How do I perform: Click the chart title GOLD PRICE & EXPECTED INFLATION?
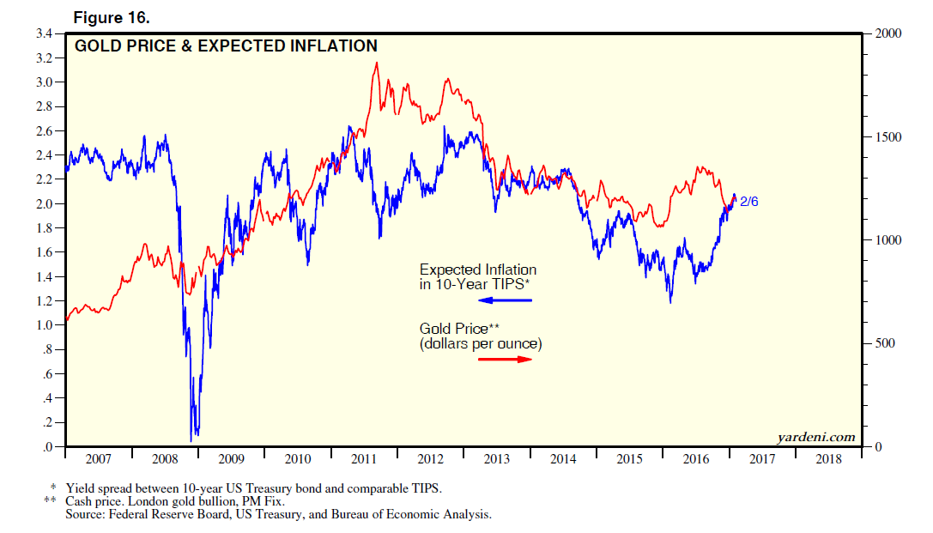coord(226,46)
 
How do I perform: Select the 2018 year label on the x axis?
coord(828,459)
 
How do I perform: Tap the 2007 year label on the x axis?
coord(98,459)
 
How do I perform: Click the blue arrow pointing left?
coord(506,300)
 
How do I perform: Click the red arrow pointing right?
coord(506,358)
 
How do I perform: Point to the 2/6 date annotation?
coord(749,202)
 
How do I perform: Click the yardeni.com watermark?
coord(816,437)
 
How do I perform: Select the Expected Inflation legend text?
coord(477,270)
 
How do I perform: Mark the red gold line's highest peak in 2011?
coord(376,64)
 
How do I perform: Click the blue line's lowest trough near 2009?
coord(191,440)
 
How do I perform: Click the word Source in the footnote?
coord(86,515)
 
